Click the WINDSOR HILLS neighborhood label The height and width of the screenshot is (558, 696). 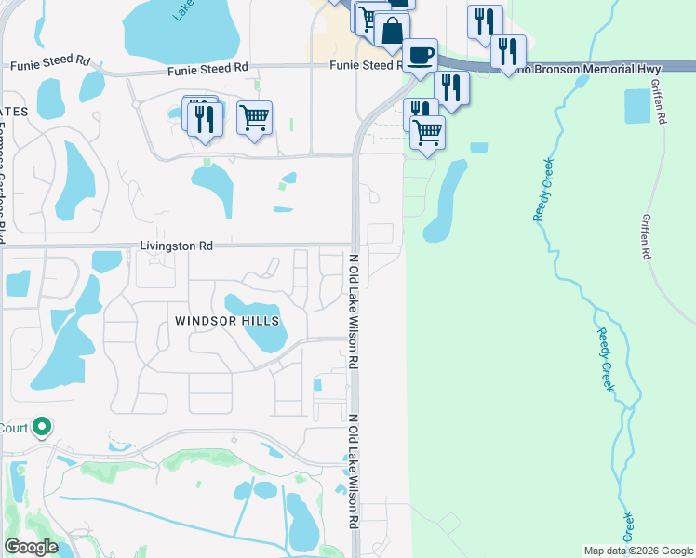click(227, 321)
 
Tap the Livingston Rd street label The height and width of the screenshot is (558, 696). click(176, 246)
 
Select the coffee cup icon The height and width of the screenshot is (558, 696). click(419, 54)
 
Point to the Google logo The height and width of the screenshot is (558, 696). click(30, 547)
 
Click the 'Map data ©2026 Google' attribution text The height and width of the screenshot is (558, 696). click(637, 550)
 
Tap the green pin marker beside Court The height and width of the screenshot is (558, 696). click(41, 427)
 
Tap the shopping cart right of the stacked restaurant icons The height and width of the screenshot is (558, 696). click(254, 117)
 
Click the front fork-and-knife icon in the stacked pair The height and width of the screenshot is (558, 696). click(206, 119)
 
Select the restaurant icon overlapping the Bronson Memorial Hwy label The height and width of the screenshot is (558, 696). click(508, 50)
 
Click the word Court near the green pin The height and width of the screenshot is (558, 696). click(13, 428)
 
